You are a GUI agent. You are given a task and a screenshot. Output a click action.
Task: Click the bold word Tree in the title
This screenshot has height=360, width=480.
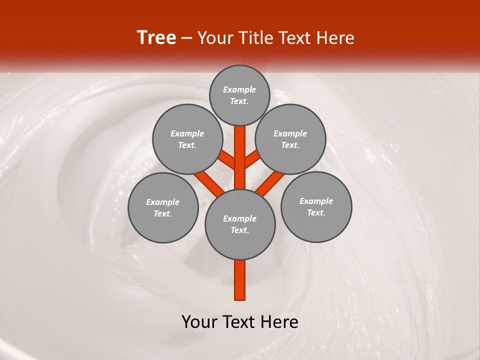pyautogui.click(x=156, y=38)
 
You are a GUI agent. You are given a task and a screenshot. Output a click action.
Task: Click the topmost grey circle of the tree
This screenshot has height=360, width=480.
pyautogui.click(x=239, y=95)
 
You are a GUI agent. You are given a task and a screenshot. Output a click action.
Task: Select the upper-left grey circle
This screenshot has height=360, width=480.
pyautogui.click(x=187, y=139)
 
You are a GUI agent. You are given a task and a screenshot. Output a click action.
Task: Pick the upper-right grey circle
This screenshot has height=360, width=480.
pyautogui.click(x=290, y=139)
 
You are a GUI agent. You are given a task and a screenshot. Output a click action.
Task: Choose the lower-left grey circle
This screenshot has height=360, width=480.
pyautogui.click(x=163, y=207)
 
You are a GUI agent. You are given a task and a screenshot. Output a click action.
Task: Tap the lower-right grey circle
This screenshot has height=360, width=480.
pyautogui.click(x=316, y=206)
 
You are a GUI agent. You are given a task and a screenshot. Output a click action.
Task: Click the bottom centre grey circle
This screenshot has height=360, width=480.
pyautogui.click(x=240, y=224)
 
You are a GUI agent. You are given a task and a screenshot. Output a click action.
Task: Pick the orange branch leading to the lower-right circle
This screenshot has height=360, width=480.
pyautogui.click(x=270, y=182)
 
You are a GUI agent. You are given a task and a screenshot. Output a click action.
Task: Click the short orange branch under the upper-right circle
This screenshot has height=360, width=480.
pyautogui.click(x=252, y=159)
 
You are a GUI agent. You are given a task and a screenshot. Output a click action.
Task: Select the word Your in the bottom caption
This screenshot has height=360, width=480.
pyautogui.click(x=199, y=322)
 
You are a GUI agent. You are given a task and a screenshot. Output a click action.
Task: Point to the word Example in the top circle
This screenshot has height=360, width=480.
pyautogui.click(x=239, y=89)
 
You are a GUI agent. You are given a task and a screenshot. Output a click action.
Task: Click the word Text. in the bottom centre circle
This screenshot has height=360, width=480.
pyautogui.click(x=239, y=230)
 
